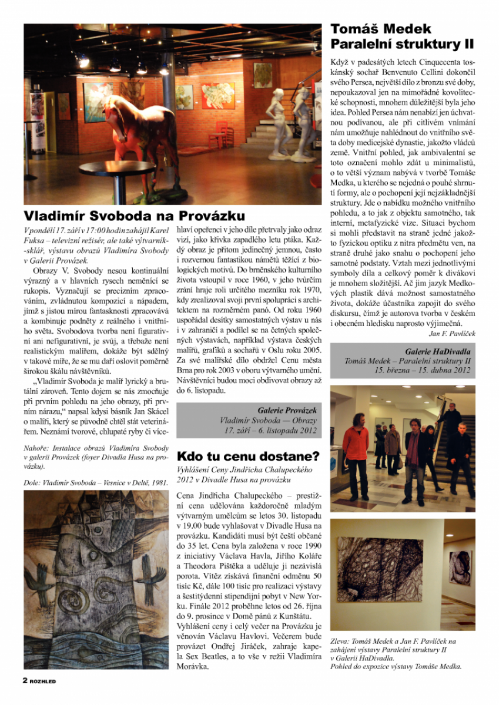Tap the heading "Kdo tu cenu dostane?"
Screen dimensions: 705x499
(x=248, y=456)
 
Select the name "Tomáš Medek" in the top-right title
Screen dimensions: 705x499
(x=380, y=29)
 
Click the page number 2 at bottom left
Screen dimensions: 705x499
(x=25, y=680)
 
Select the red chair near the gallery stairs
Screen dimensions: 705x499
(x=220, y=134)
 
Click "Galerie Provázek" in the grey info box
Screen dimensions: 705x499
(x=287, y=410)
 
